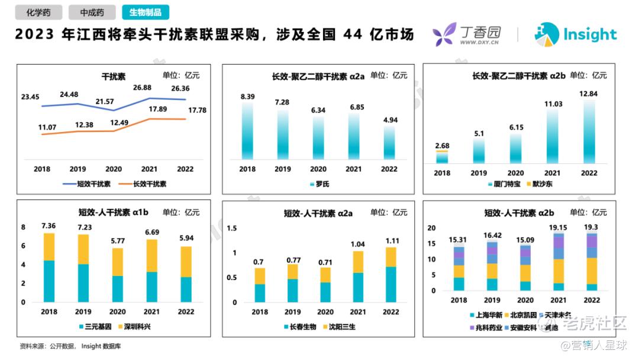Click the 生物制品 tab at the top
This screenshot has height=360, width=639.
[x=145, y=12]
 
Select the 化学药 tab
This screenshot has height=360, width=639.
[x=38, y=12]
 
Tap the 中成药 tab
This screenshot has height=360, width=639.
[x=92, y=12]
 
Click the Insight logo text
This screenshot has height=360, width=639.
[x=589, y=34]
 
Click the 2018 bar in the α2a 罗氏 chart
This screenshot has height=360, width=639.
[x=247, y=131]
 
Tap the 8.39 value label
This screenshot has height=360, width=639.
[x=247, y=97]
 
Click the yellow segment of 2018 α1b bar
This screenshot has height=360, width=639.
[x=49, y=247]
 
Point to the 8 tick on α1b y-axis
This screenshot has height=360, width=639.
[x=24, y=227]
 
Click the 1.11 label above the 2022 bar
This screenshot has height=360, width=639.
[x=390, y=241]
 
